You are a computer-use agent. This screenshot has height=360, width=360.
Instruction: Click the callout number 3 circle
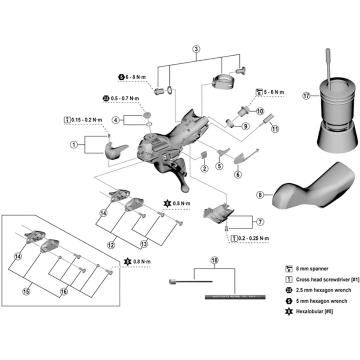[x=196, y=48]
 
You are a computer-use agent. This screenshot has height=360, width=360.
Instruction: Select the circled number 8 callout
[x=261, y=195]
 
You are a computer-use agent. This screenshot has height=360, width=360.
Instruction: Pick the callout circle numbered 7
[x=260, y=222]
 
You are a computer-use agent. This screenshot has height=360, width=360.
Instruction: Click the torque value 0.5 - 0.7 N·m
[x=125, y=98]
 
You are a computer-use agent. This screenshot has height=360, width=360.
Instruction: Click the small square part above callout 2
[x=204, y=155]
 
